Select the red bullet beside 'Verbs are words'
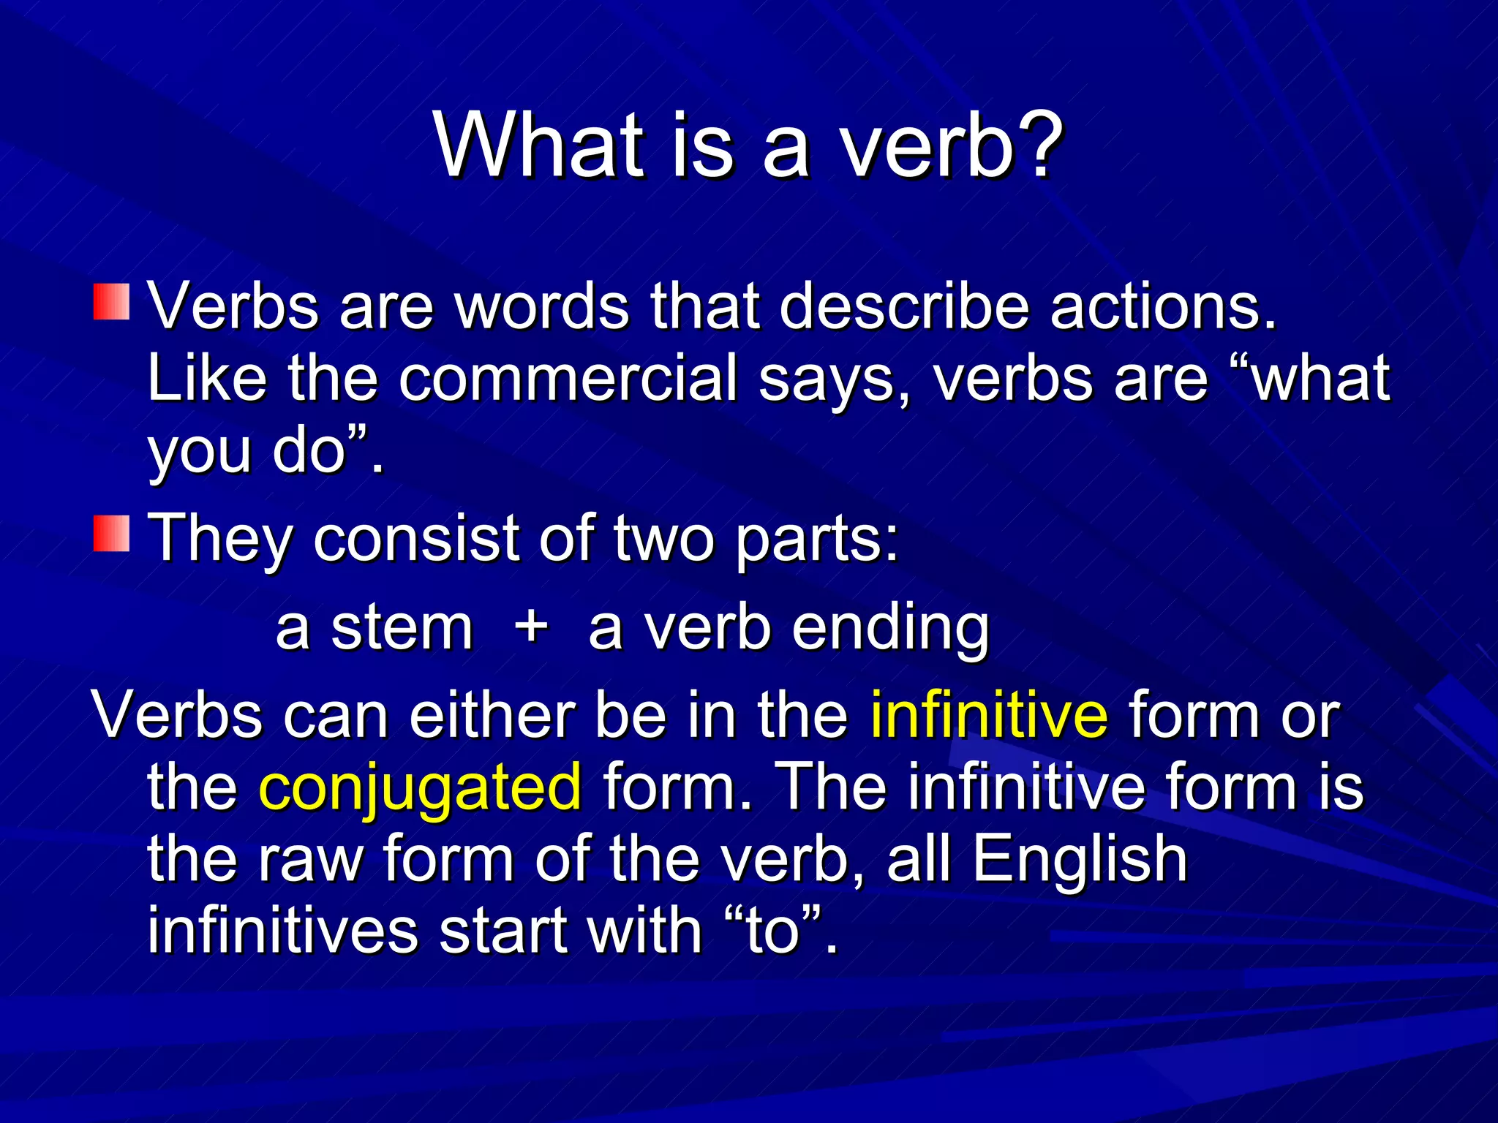[x=111, y=302]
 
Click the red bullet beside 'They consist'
[x=111, y=534]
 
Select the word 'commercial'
[x=568, y=378]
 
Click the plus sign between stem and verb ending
[x=531, y=627]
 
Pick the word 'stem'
[x=402, y=627]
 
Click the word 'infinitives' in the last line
[x=282, y=930]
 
